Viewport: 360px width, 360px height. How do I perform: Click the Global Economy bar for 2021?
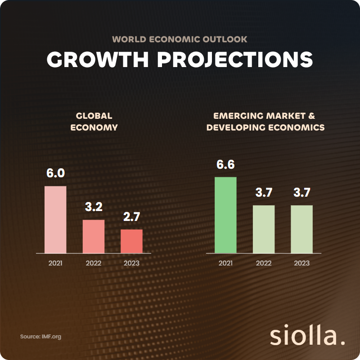coord(55,219)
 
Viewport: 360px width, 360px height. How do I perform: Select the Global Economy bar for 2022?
coord(93,236)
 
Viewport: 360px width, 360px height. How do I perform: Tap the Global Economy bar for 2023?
coord(131,241)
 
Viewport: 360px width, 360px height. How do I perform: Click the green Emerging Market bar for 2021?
coord(225,215)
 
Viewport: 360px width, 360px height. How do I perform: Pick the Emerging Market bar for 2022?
coord(264,229)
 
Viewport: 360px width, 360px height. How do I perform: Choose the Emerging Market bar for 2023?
coord(301,229)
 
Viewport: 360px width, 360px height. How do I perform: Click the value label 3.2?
coord(94,207)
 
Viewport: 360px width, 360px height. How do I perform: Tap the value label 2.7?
coord(131,216)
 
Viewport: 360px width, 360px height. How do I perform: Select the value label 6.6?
coord(225,165)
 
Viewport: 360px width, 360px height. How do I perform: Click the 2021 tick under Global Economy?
coord(55,263)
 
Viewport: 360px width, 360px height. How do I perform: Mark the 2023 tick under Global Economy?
coord(131,263)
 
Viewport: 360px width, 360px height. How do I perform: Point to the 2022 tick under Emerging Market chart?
coord(264,263)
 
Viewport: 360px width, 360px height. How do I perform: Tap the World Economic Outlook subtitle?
coord(180,39)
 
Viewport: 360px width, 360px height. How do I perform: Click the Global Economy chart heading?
coord(94,121)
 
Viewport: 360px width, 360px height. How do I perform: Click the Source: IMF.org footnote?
coord(40,336)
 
